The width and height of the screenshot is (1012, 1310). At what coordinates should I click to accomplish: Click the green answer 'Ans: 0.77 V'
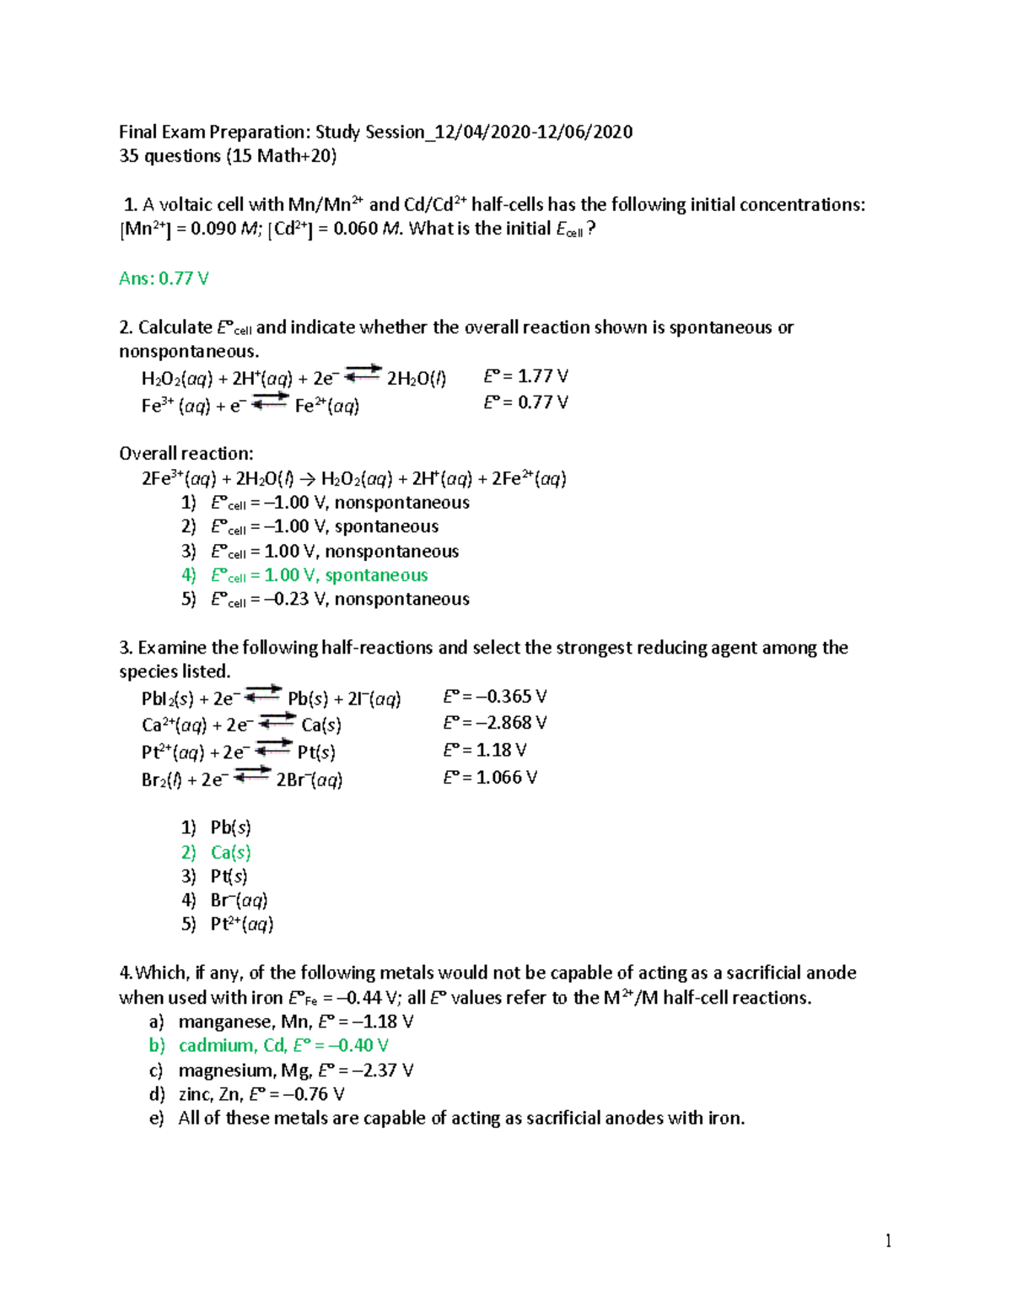164,278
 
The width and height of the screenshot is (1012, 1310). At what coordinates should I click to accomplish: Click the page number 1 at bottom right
888,1240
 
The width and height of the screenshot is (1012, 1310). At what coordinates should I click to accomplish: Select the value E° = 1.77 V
525,376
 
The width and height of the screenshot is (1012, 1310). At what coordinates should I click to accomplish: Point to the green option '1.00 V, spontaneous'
320,575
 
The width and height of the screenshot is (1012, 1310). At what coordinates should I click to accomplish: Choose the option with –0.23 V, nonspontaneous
340,600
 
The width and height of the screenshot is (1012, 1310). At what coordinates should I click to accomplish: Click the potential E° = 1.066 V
490,778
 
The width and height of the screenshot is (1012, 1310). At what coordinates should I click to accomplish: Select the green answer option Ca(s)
230,852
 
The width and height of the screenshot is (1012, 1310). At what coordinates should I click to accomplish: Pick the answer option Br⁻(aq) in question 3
239,900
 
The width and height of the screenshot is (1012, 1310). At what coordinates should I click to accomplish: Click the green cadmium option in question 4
283,1046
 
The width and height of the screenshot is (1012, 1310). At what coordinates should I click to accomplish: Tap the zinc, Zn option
261,1095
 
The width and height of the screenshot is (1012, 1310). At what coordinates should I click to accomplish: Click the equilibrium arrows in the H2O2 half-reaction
363,373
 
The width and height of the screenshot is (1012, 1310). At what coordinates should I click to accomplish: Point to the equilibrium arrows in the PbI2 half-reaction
263,693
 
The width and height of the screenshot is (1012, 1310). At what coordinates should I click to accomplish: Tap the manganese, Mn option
295,1022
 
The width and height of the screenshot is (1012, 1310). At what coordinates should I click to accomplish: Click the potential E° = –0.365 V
495,697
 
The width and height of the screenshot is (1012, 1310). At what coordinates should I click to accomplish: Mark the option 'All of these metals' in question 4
460,1119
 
